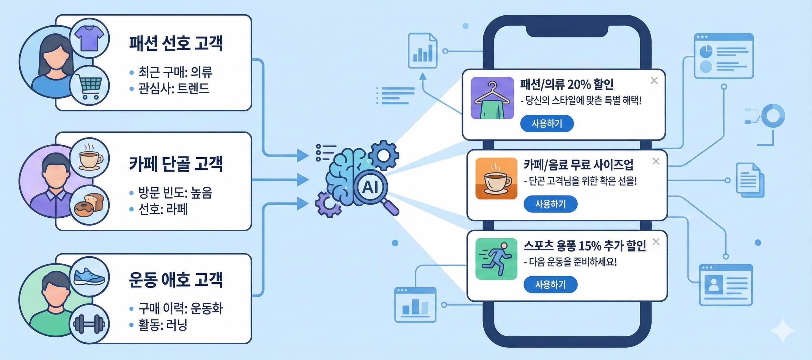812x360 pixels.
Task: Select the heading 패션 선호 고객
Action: coord(176,43)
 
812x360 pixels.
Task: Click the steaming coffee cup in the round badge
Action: coord(90,157)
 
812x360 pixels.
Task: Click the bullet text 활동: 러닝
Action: coord(162,325)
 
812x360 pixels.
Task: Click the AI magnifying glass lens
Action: coord(370,187)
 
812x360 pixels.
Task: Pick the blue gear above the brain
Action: coord(384,155)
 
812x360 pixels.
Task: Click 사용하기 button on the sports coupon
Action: coord(550,285)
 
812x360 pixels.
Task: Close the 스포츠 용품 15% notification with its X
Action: coord(656,242)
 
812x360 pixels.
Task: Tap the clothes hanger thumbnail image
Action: coord(492,98)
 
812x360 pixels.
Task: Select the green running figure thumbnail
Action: coord(496,259)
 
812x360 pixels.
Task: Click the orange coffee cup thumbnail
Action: coord(496,178)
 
